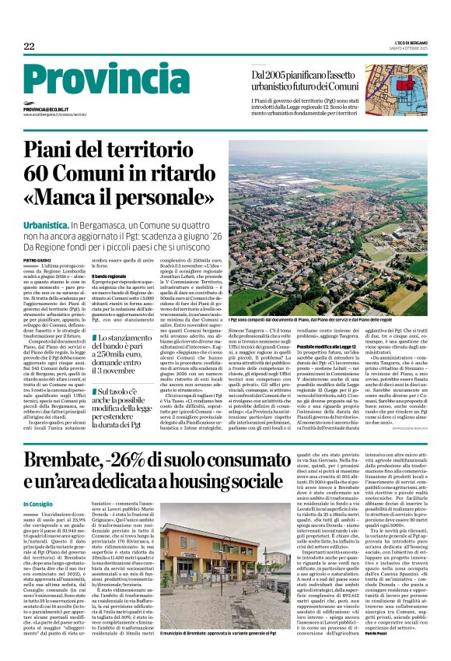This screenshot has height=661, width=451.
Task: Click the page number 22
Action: click(x=29, y=47)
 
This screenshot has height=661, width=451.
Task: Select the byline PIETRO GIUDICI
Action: click(x=37, y=259)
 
